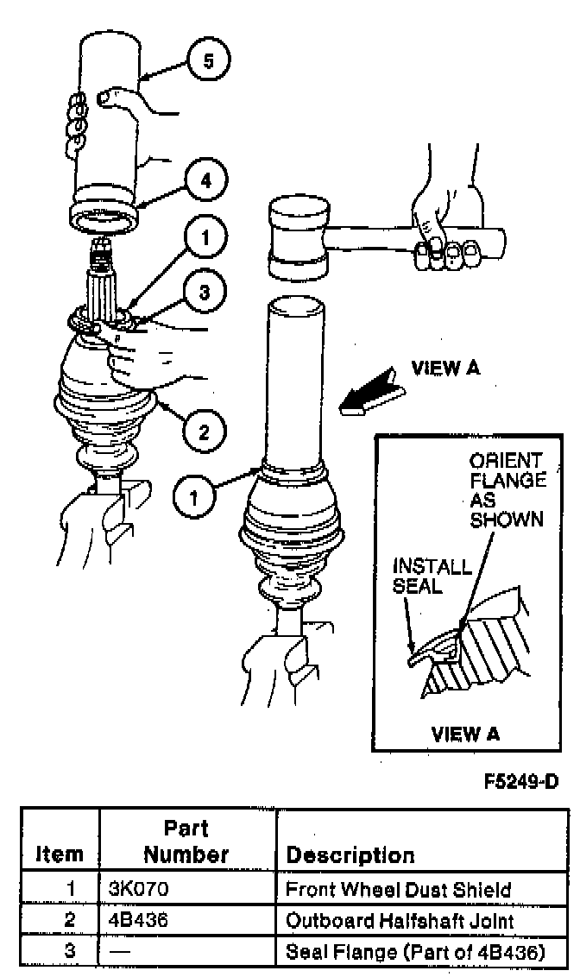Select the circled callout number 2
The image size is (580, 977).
tap(204, 430)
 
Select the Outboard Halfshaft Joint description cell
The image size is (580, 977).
tap(400, 920)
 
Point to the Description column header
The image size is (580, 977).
tap(350, 855)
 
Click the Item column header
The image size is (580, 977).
tap(60, 855)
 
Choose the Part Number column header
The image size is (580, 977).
tap(186, 842)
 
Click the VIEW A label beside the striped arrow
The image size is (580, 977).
tap(445, 369)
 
